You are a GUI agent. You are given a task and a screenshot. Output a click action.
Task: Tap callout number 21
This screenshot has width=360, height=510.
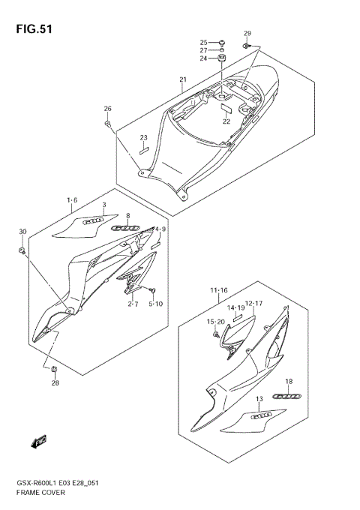pos(182,80)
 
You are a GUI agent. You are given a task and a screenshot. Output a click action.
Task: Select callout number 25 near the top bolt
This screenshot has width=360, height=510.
pos(203,42)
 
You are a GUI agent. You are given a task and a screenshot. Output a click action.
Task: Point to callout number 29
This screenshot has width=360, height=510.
pos(247,34)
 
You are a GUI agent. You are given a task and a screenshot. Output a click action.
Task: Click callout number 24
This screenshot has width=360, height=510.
pos(203,58)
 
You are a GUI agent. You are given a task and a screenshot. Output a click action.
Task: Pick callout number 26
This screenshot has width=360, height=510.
pos(107,109)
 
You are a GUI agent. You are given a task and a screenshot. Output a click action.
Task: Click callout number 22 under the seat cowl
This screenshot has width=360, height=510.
pos(226,121)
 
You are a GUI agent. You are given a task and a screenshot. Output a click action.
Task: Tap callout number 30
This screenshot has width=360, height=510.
pos(22,231)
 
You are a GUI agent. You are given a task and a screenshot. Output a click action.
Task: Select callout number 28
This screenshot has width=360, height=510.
pos(55,383)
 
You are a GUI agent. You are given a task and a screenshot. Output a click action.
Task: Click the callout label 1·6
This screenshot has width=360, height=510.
pos(72,200)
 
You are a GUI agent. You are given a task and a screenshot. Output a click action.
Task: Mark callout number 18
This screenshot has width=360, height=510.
pos(289,382)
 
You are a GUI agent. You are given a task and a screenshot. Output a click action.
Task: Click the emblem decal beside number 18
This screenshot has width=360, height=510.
pos(286,395)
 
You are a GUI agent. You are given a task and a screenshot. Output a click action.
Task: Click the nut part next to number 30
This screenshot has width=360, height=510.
pos(22,250)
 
